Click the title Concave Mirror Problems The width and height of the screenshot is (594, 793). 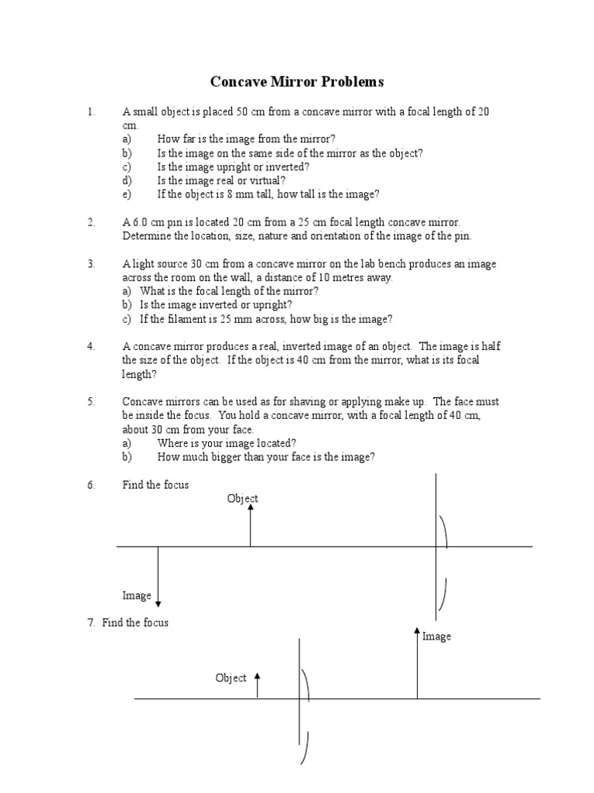[x=297, y=81]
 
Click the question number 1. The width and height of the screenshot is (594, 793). [x=90, y=112]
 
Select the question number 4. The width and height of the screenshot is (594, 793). [x=90, y=346]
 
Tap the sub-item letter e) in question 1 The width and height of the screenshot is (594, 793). [x=127, y=194]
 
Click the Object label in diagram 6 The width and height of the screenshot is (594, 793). [x=242, y=499]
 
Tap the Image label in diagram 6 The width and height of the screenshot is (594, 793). [x=137, y=596]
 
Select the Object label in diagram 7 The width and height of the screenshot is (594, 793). [x=230, y=678]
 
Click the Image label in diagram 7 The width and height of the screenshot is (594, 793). [x=436, y=637]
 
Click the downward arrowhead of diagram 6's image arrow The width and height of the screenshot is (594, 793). [x=159, y=603]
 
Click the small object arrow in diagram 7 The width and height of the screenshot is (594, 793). [x=258, y=685]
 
